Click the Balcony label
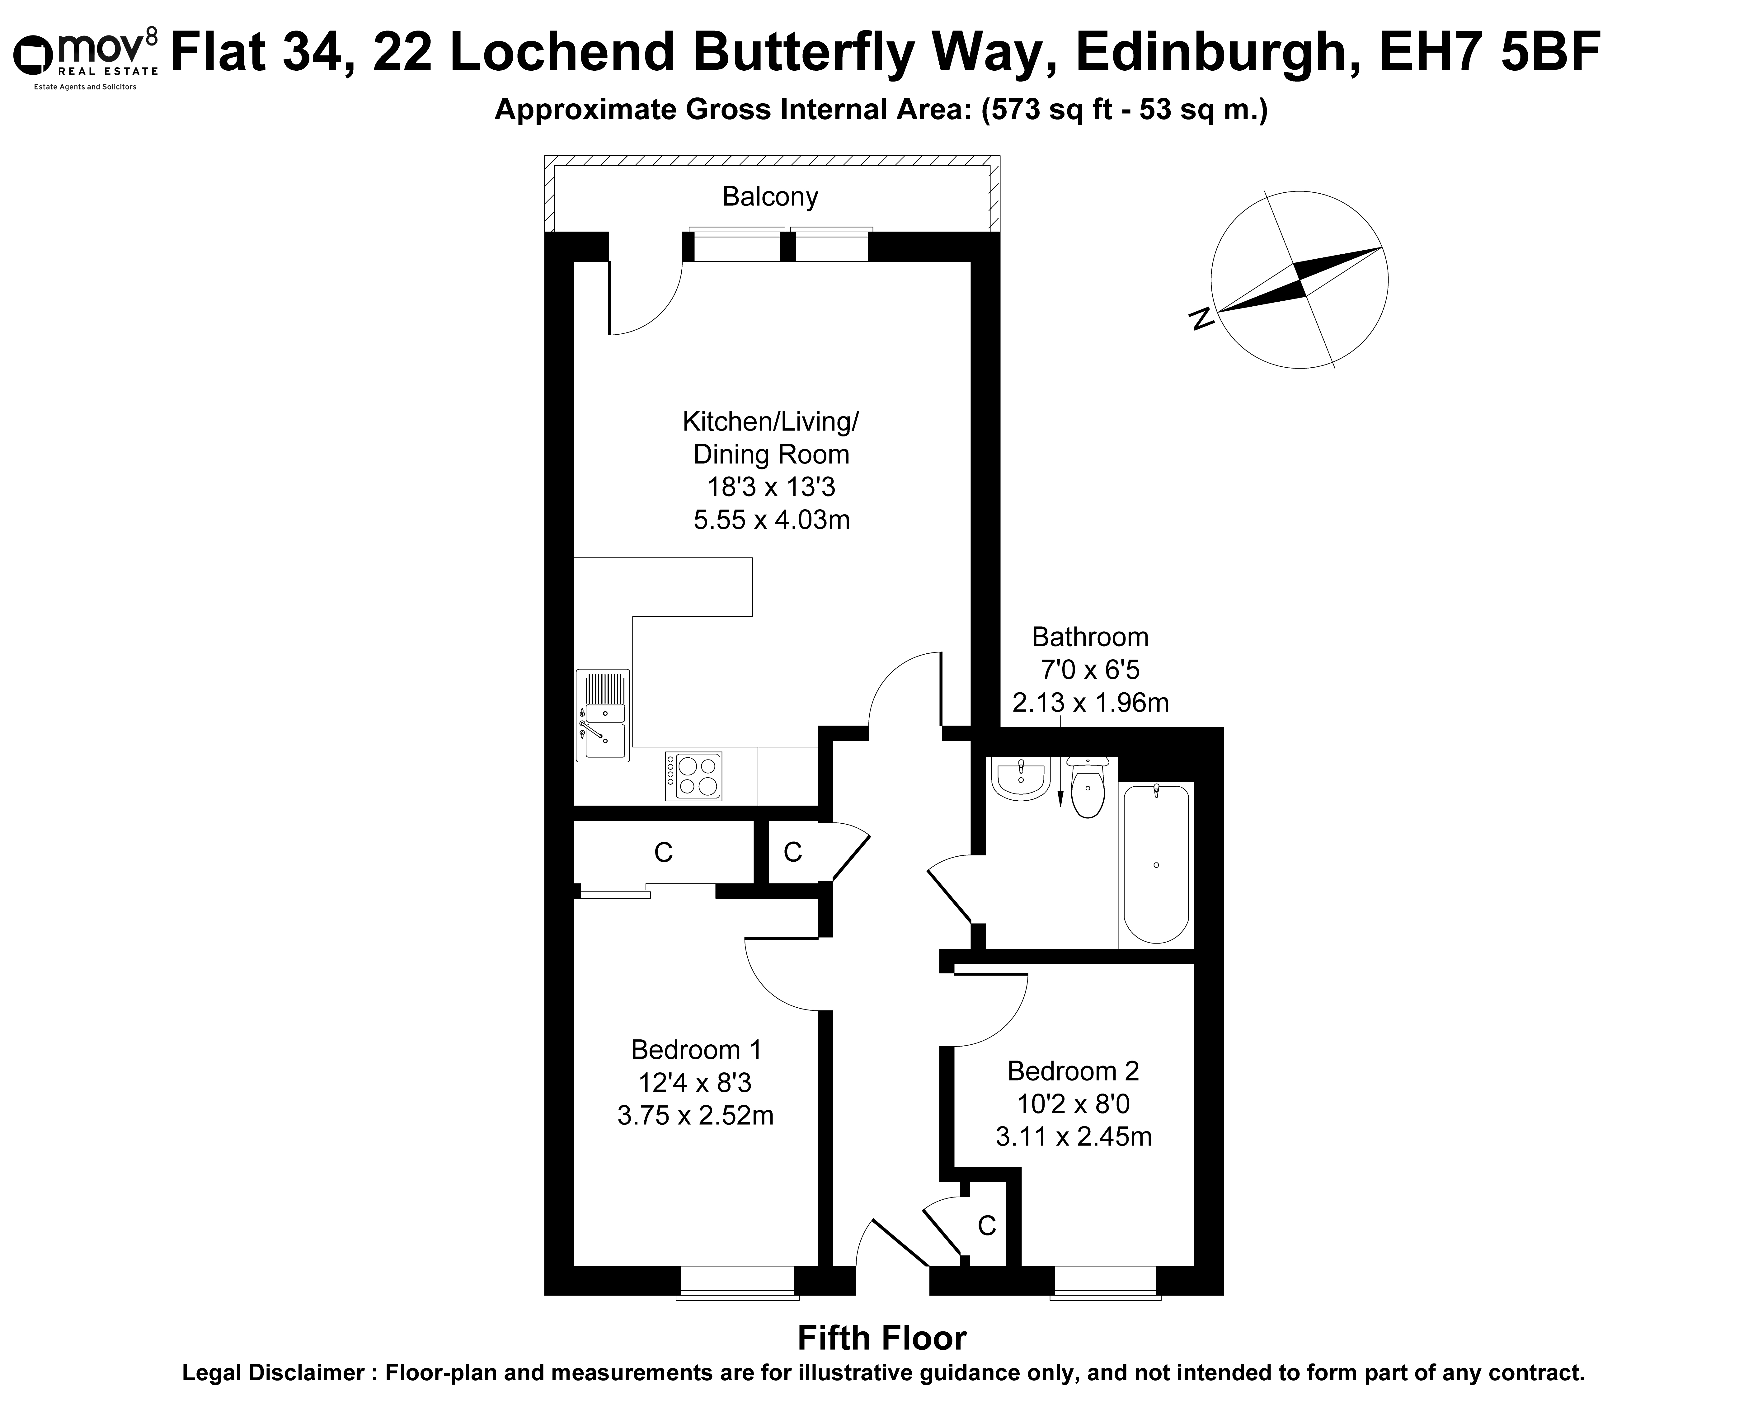[770, 197]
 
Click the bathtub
[1156, 864]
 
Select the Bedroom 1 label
[696, 1050]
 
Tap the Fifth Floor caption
[882, 1338]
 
